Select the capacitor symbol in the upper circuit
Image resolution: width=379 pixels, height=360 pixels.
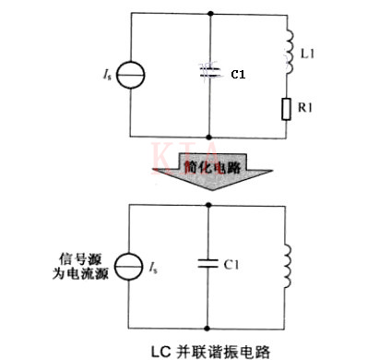[x=212, y=71]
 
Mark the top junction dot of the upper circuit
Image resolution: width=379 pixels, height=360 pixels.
[x=212, y=13]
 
